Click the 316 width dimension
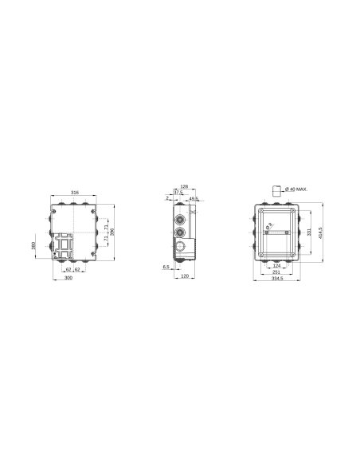74,193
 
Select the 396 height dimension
113,231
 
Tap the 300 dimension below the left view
69,279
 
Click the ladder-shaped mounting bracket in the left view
65,246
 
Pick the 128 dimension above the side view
183,186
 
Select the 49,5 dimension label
194,199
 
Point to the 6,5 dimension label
165,267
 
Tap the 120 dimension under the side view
184,275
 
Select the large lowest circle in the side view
182,252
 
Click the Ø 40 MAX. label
296,190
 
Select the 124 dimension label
277,266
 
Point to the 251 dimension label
277,272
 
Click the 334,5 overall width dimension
277,279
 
